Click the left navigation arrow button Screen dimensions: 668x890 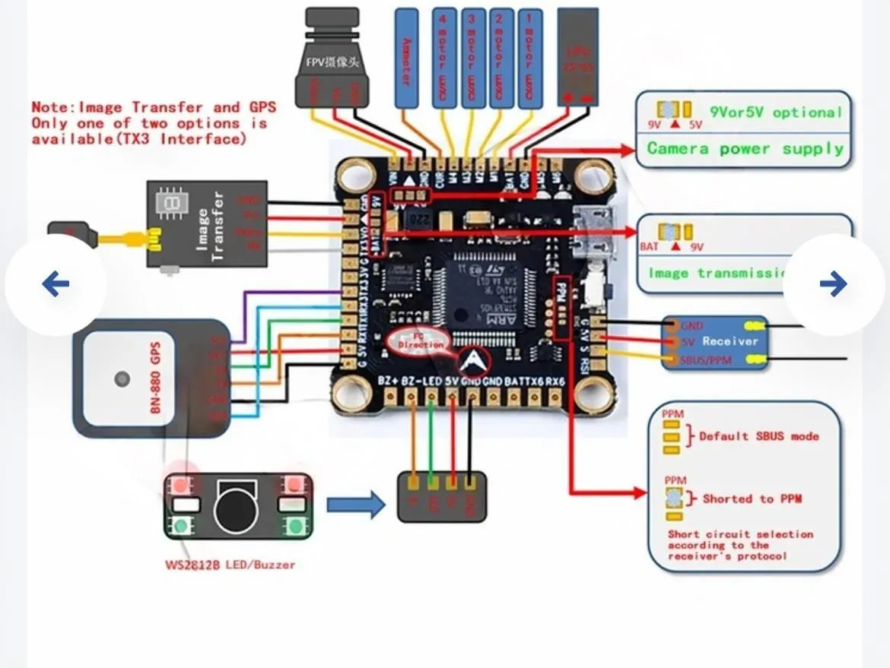[x=56, y=284]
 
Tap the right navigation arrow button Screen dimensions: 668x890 [x=834, y=284]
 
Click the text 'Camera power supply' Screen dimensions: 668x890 [x=745, y=148]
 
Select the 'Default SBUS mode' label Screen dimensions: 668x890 [x=758, y=436]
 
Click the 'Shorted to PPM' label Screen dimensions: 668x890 [x=752, y=499]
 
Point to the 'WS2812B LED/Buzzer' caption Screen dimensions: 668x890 [x=230, y=565]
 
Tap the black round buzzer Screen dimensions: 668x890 [x=236, y=507]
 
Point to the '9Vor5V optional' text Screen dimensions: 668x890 [x=776, y=112]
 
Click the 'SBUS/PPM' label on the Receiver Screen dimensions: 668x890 [x=706, y=359]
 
